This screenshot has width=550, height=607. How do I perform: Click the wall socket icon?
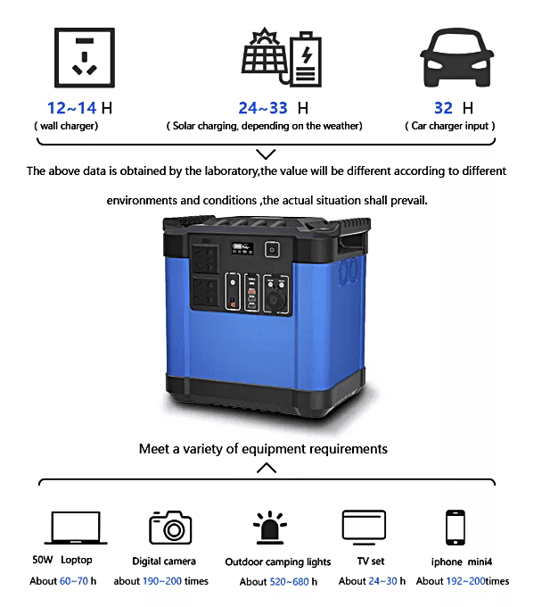(85, 57)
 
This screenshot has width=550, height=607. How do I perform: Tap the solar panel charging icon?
(282, 57)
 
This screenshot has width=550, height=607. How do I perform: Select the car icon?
(457, 57)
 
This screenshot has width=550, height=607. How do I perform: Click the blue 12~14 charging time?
(71, 108)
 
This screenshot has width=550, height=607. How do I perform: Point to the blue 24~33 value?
(263, 108)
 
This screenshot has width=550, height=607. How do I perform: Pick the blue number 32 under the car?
(443, 108)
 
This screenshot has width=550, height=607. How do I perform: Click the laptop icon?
(76, 528)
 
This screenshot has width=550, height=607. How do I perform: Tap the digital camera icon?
(170, 528)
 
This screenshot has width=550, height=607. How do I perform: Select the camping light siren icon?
(270, 528)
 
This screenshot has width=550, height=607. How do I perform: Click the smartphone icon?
(456, 528)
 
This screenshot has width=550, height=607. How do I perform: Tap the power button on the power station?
(272, 250)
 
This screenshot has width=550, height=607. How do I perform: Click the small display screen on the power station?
(242, 248)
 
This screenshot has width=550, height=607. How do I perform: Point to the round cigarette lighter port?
(276, 300)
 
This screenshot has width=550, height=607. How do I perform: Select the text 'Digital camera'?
(164, 561)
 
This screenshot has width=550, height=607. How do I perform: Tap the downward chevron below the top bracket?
(266, 154)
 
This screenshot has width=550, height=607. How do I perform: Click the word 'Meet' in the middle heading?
(154, 449)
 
